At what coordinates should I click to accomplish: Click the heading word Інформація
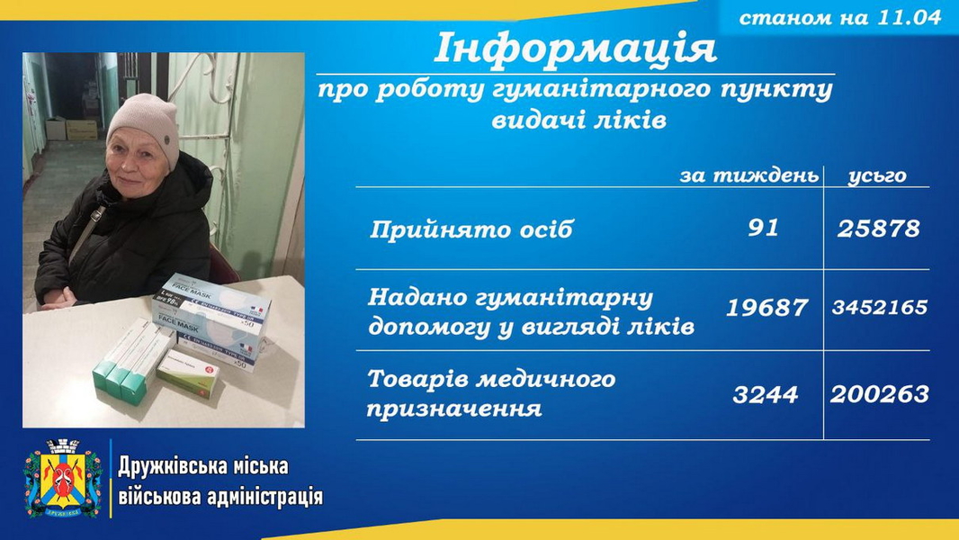click(575, 49)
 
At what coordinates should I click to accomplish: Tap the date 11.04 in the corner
click(909, 17)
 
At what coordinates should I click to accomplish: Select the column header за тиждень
click(748, 175)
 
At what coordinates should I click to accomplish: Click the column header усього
click(877, 175)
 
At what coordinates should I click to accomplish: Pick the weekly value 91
click(763, 228)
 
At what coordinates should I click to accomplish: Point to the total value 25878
click(878, 229)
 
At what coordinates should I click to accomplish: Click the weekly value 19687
click(767, 307)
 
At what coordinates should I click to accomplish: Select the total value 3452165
click(880, 306)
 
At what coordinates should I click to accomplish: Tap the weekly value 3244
click(765, 394)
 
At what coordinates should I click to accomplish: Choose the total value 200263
click(880, 394)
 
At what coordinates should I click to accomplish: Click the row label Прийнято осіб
click(471, 229)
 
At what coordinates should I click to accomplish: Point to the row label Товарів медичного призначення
click(490, 393)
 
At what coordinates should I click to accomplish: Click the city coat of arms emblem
click(63, 479)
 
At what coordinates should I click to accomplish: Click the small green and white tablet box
click(188, 374)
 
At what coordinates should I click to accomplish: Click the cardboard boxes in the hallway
click(72, 129)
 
